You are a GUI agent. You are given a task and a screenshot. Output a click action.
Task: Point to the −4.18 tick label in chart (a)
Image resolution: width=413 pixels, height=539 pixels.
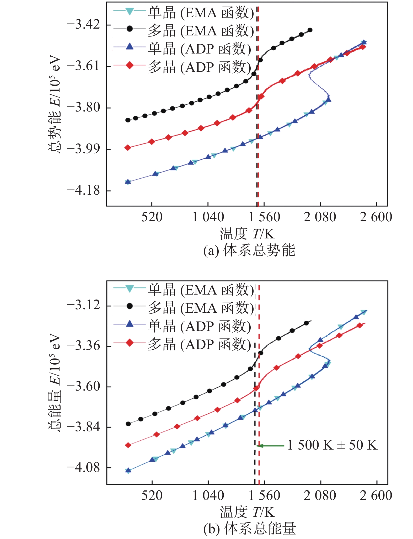click(83, 190)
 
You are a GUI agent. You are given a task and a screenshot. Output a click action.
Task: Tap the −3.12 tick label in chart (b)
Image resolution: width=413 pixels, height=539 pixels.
click(83, 305)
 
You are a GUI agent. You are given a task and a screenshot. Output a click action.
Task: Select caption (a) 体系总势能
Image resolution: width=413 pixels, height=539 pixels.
click(249, 250)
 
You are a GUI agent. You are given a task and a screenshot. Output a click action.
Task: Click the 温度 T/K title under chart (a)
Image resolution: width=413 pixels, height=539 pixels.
click(247, 233)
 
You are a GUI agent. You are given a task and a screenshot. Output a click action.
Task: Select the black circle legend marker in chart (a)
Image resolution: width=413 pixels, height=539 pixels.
click(130, 29)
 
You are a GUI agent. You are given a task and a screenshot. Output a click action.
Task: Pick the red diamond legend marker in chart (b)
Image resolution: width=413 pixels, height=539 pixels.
click(130, 343)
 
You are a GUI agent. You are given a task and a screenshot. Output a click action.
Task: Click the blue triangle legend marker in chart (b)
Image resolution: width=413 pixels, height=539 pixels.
click(130, 324)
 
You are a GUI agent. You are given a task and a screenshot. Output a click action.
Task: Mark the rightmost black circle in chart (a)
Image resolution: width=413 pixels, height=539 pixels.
click(310, 30)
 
